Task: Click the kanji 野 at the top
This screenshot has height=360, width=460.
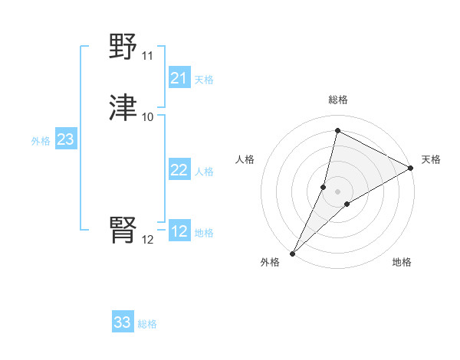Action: click(x=123, y=47)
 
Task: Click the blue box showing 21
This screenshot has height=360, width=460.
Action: click(x=179, y=78)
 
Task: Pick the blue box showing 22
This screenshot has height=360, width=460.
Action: click(x=179, y=170)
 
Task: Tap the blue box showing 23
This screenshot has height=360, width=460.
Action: click(x=65, y=139)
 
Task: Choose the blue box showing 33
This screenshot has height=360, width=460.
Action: click(x=123, y=322)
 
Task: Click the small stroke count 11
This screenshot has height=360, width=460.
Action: click(x=147, y=56)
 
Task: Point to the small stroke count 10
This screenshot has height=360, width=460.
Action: click(x=147, y=117)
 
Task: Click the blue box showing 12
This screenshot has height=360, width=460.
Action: click(x=179, y=231)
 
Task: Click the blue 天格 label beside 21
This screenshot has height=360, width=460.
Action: click(x=204, y=80)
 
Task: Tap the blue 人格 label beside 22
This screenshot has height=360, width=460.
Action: click(x=204, y=172)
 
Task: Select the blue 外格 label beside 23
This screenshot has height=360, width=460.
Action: click(x=41, y=141)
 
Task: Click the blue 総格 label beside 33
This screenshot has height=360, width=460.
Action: click(x=147, y=324)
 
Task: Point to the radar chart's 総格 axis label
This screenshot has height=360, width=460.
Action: click(x=338, y=100)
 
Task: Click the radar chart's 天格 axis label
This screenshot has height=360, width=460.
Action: click(x=431, y=159)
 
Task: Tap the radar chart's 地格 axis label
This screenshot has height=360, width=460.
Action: click(x=402, y=262)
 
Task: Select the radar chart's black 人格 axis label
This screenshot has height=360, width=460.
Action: click(x=245, y=159)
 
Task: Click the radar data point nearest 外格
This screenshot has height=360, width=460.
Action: click(x=292, y=254)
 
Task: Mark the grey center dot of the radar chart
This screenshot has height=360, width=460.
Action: click(x=338, y=191)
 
